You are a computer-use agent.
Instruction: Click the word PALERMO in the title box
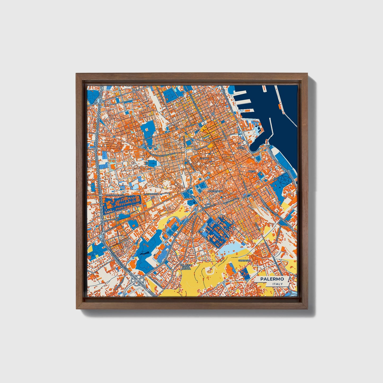pyautogui.click(x=272, y=279)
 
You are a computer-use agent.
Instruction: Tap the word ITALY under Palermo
pyautogui.click(x=278, y=284)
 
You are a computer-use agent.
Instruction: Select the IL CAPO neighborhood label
pyautogui.click(x=204, y=158)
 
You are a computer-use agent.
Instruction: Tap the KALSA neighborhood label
pyautogui.click(x=252, y=171)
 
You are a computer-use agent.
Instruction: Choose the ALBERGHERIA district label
pyautogui.click(x=215, y=191)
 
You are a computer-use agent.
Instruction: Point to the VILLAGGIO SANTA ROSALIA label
pyautogui.click(x=186, y=267)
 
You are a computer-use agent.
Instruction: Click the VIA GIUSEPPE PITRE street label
pyautogui.click(x=115, y=195)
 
